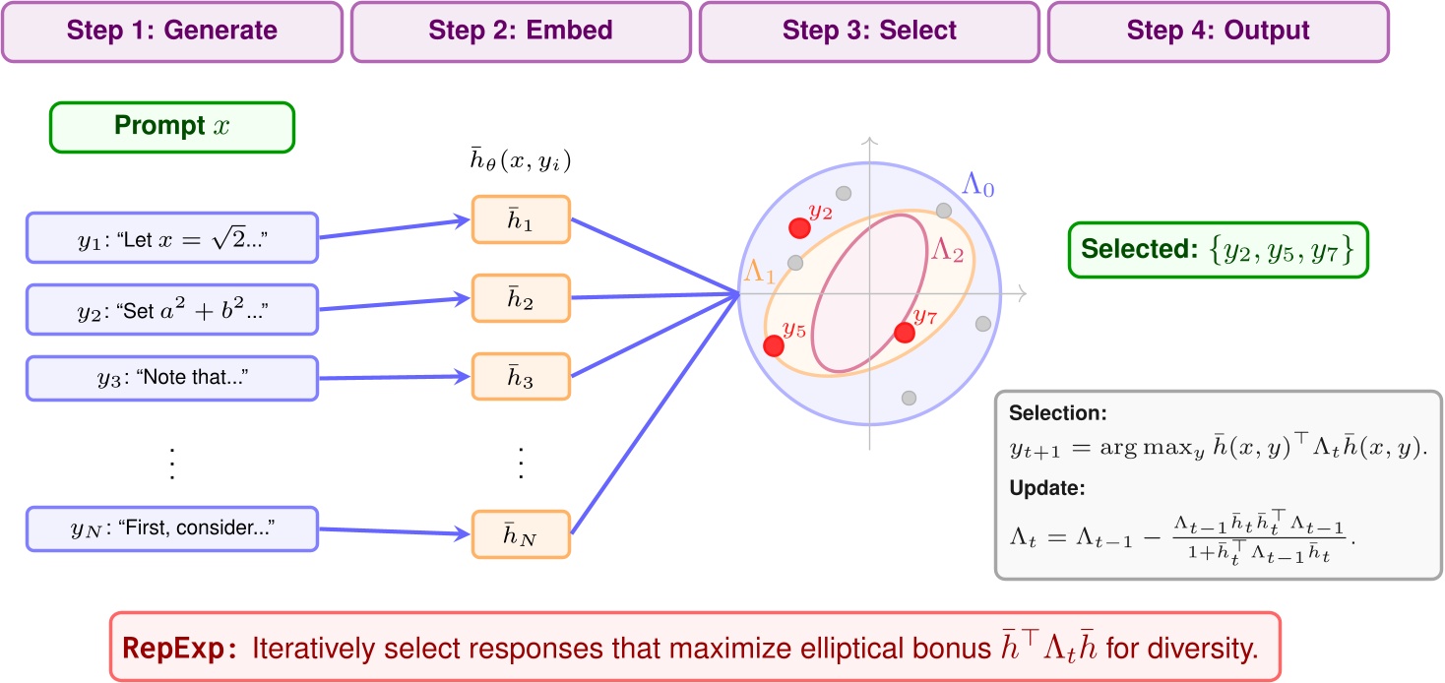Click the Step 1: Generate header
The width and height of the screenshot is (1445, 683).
point(172,31)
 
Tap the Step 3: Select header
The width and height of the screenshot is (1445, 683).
point(868,31)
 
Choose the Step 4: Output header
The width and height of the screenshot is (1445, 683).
point(1218,31)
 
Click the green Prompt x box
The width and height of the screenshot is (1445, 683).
point(172,128)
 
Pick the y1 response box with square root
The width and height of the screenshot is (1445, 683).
point(172,238)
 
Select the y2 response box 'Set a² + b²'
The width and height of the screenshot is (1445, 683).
point(172,309)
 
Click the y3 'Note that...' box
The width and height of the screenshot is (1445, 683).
point(172,379)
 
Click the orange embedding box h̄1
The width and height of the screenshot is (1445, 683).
point(520,219)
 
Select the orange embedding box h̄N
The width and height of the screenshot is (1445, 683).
point(520,534)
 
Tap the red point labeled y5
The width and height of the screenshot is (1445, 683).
point(774,345)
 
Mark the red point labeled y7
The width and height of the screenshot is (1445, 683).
point(904,333)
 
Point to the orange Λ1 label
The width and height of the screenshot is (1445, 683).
point(758,273)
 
